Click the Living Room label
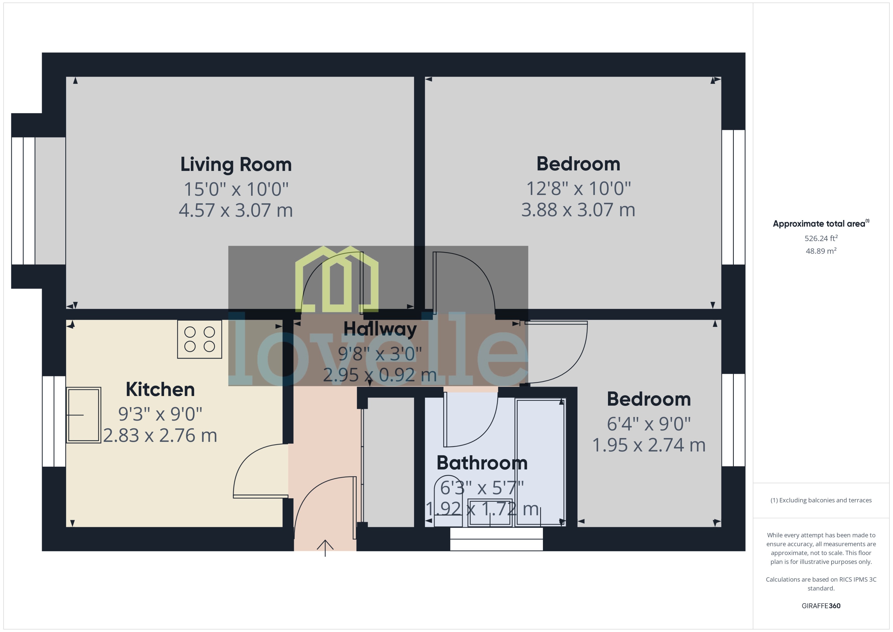coord(236,165)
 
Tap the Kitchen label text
coord(160,390)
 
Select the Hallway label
coord(380,329)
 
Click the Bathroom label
coord(482,463)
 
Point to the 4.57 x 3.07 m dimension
coord(236,210)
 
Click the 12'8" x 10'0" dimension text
coord(578,189)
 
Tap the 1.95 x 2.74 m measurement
coord(649,445)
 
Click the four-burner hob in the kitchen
coord(200,339)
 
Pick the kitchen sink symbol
coord(84,415)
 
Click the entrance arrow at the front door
coord(325,547)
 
